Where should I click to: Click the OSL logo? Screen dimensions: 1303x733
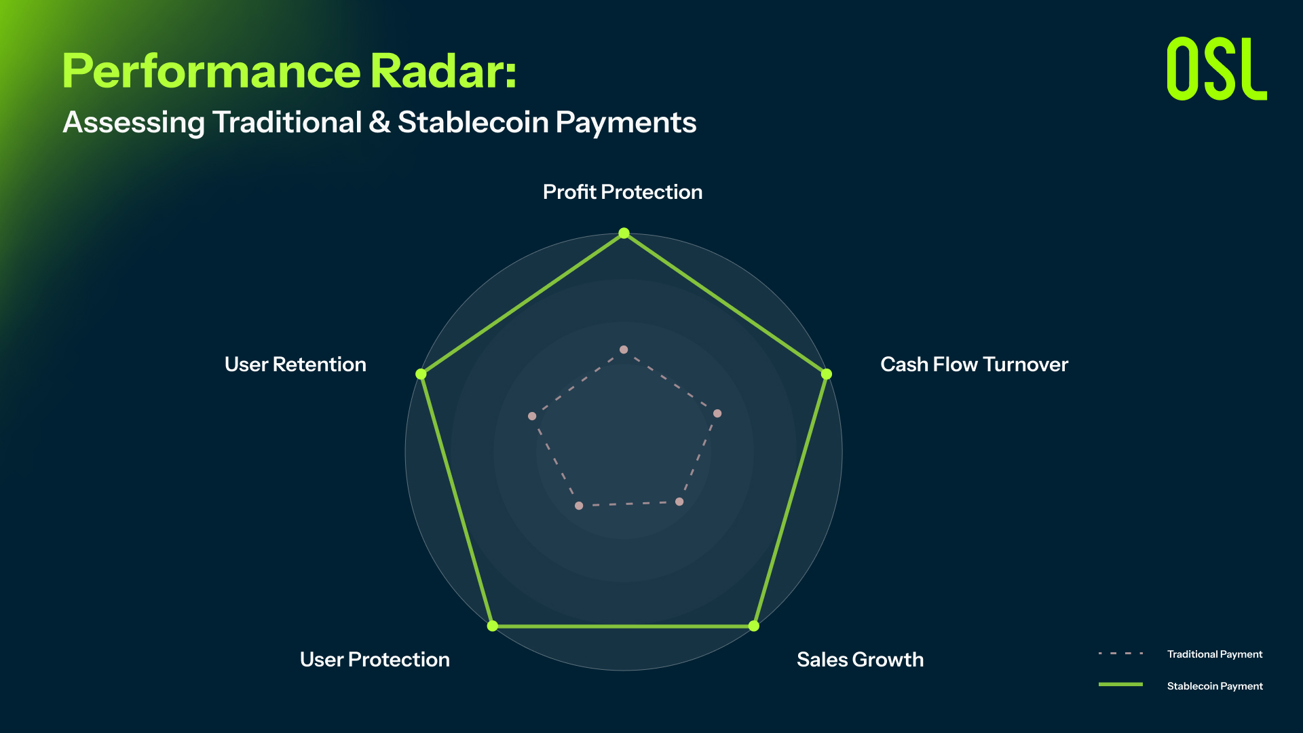coord(1217,69)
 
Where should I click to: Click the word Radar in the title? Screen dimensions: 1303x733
coord(443,71)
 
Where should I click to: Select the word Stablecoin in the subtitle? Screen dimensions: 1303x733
coord(473,122)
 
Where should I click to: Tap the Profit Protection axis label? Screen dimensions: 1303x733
coord(622,192)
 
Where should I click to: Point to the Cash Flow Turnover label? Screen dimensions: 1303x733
coord(974,364)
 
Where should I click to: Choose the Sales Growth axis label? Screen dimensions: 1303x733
coord(860,660)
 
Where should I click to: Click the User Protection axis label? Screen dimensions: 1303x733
coord(375,660)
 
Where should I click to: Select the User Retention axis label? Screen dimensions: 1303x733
coord(295,364)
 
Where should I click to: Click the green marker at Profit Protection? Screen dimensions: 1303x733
coord(624,233)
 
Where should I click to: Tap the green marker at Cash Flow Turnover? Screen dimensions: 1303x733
coord(827,374)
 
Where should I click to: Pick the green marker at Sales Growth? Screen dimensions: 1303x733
coord(754,626)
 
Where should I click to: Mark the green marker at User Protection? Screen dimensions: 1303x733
coord(493,626)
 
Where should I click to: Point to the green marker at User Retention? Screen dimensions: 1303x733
coord(421,374)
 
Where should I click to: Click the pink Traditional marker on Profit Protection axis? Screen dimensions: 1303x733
coord(624,350)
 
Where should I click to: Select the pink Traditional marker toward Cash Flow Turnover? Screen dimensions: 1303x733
coord(717,413)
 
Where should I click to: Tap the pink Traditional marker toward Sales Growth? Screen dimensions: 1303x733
coord(679,502)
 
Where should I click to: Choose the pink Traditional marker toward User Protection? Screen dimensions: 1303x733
coord(579,506)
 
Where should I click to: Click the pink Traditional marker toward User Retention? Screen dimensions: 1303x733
coord(532,416)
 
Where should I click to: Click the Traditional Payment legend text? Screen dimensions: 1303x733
coord(1215,654)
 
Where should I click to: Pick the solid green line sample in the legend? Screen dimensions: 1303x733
coord(1120,685)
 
